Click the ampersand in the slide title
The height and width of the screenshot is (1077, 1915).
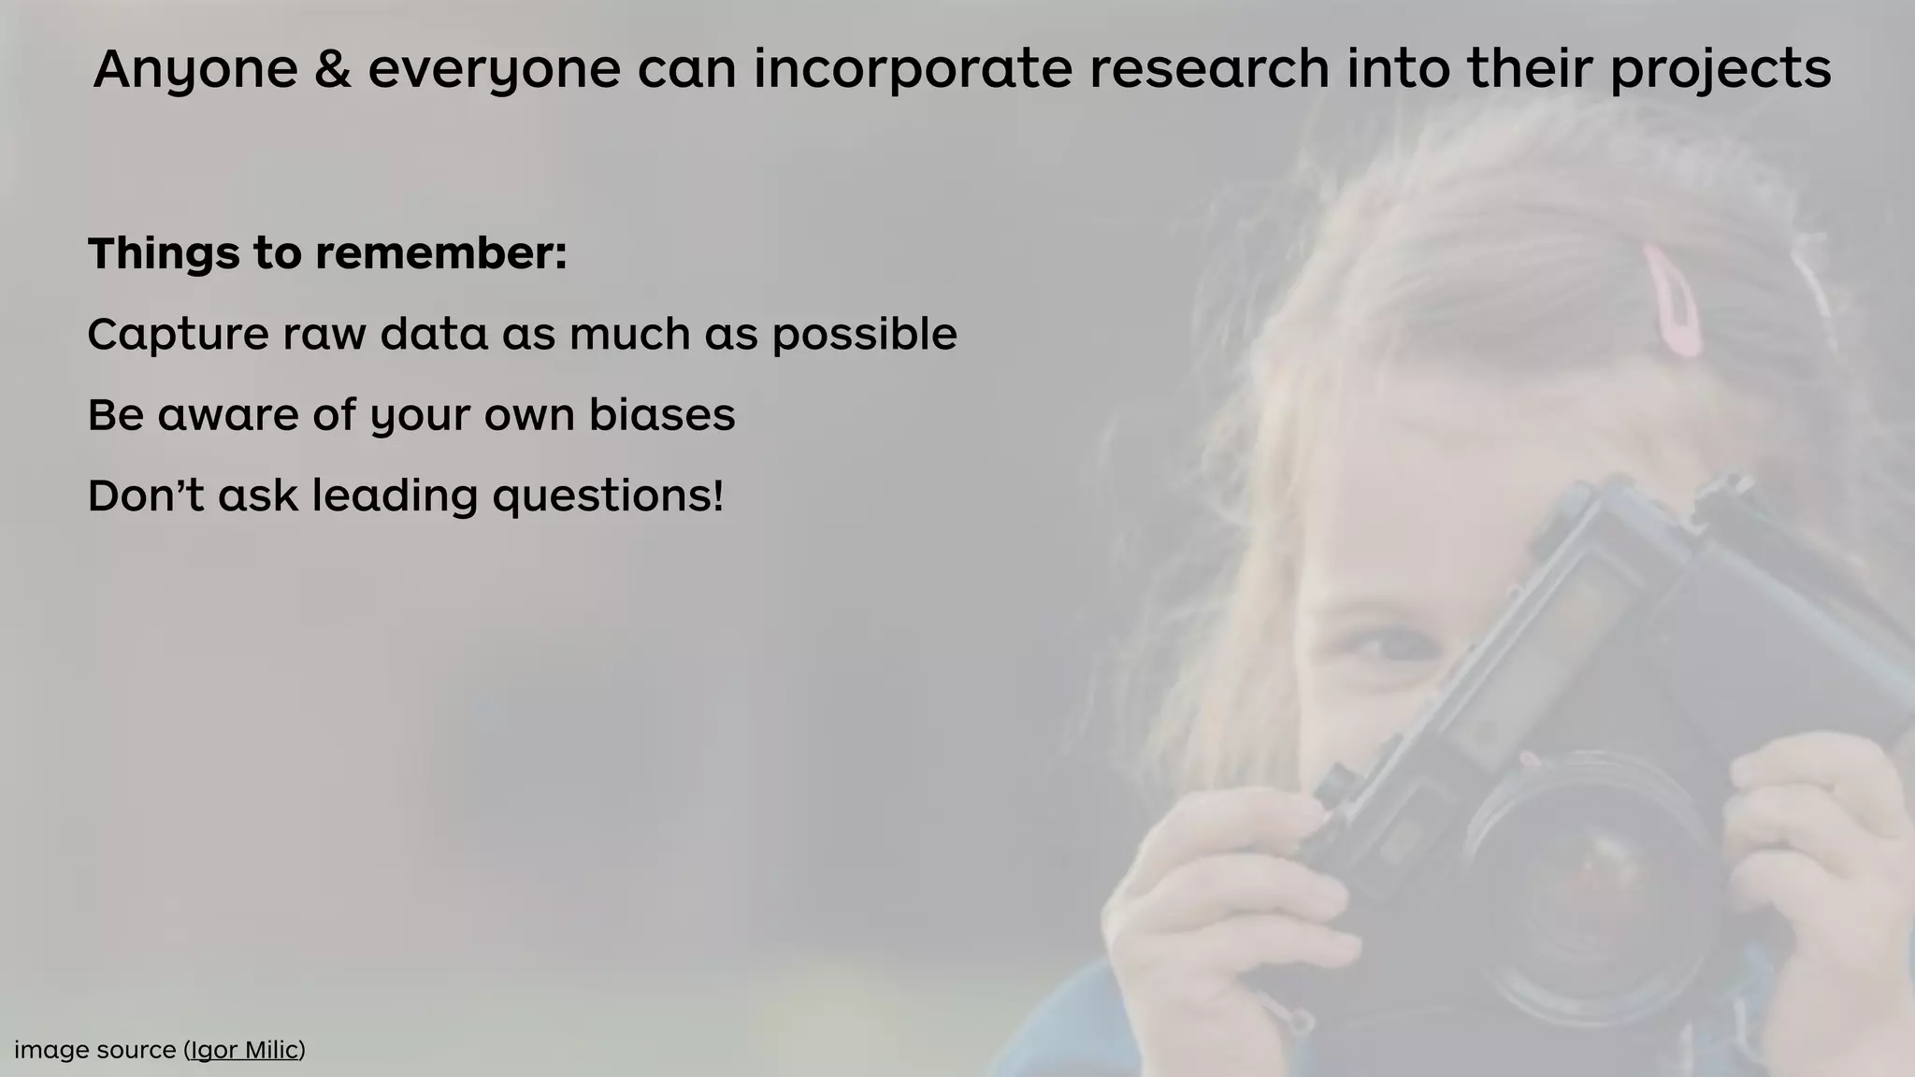(333, 69)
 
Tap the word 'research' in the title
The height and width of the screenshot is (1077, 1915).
(1209, 69)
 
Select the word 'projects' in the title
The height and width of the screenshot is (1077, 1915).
(1720, 71)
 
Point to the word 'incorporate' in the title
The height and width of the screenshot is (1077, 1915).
(913, 71)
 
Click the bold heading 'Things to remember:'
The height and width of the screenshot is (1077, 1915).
(327, 253)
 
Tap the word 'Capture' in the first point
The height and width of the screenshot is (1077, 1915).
(178, 334)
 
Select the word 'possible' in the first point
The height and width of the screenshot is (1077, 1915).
(864, 336)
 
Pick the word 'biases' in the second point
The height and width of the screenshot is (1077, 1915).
(662, 414)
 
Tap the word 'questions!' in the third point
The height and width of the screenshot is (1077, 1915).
(608, 496)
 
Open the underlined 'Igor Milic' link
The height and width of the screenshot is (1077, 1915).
(245, 1051)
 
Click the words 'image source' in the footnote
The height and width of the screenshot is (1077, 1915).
(94, 1051)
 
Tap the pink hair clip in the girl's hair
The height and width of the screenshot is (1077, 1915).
(1674, 301)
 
